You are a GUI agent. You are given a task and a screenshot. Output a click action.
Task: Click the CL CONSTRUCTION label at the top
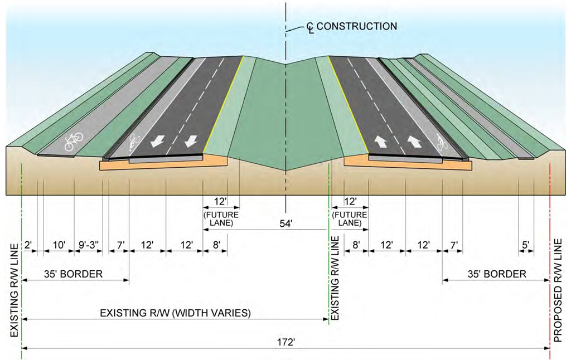(x=351, y=27)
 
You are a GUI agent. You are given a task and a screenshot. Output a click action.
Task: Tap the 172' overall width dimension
(x=286, y=343)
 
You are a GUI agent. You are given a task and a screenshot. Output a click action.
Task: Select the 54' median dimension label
(x=286, y=224)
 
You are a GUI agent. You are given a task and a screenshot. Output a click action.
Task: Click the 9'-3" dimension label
(x=89, y=245)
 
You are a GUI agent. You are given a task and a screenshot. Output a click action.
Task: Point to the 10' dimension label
(x=58, y=245)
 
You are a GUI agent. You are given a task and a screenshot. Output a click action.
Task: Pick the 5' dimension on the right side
(x=525, y=245)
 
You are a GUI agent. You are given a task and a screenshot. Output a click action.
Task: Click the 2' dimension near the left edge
(x=29, y=245)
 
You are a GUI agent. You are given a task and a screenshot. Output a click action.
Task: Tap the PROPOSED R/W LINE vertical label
(x=558, y=290)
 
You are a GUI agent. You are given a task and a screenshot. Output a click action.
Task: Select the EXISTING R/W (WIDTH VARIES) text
(x=175, y=313)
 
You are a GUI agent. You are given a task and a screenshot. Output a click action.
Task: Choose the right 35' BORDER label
(x=497, y=274)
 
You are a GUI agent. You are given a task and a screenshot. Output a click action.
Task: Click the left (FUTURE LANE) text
(x=221, y=219)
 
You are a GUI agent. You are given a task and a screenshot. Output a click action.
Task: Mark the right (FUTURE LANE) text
(x=350, y=219)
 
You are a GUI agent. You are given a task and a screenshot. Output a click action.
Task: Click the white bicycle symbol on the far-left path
(x=74, y=141)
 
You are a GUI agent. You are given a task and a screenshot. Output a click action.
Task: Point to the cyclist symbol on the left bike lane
(x=134, y=142)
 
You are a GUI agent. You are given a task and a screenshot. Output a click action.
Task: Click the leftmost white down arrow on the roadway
(x=157, y=141)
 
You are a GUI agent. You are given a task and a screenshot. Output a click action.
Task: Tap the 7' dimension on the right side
(x=454, y=245)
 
